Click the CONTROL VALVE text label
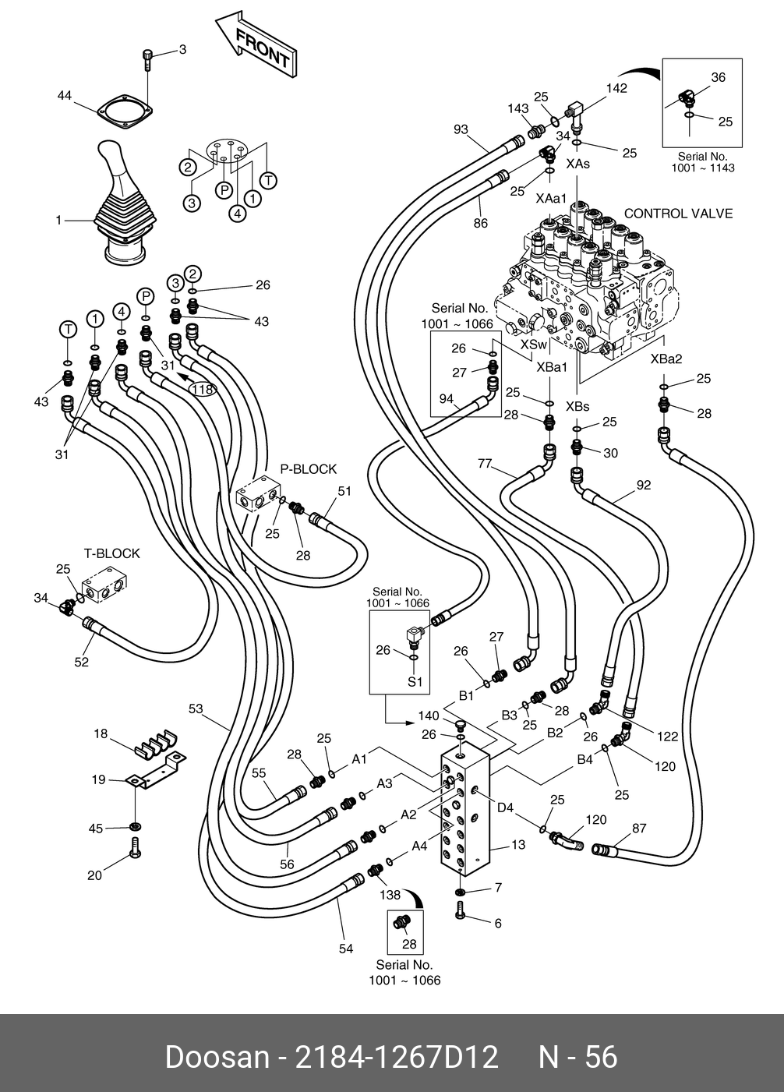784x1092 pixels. point(678,214)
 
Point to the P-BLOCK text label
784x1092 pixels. point(309,469)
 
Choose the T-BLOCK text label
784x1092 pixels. point(112,553)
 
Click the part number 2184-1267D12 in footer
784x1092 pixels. point(395,1058)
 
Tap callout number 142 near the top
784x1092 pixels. point(616,88)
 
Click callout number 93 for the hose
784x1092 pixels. point(461,129)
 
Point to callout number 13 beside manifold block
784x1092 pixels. point(518,844)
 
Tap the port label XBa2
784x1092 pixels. point(666,359)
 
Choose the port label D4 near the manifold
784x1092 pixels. point(506,808)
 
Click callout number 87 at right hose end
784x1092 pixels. point(638,829)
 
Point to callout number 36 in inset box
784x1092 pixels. point(718,77)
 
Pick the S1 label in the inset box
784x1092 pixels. point(415,681)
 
